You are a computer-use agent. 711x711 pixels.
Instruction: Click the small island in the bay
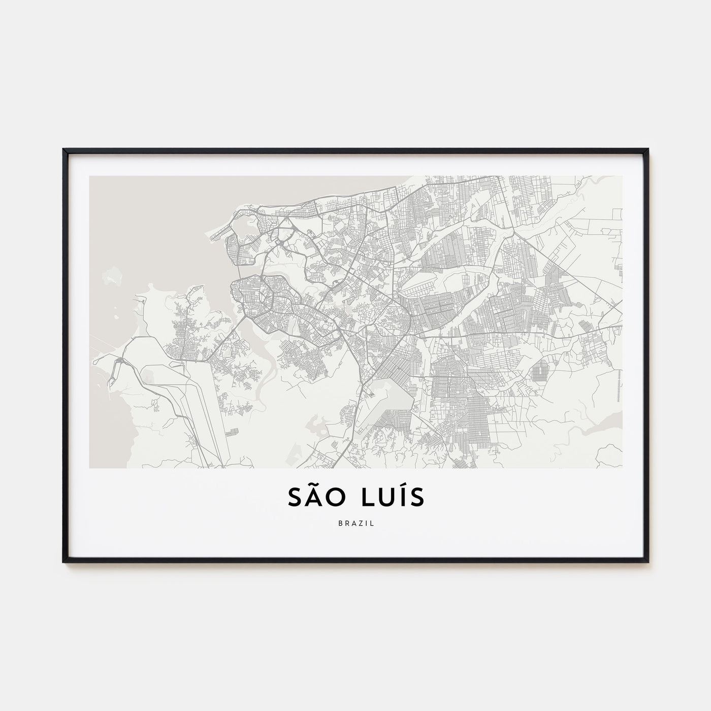113,277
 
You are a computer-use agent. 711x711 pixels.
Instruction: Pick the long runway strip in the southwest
208,406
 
